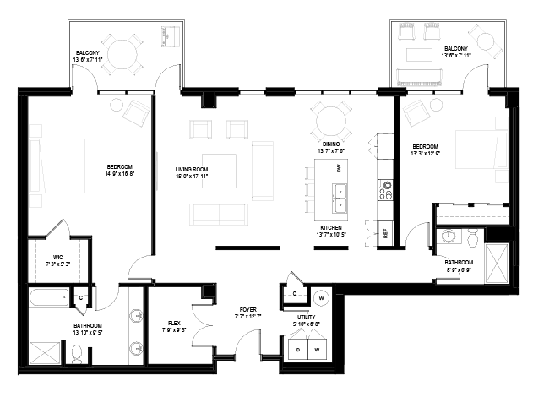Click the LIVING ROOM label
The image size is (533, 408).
click(192, 169)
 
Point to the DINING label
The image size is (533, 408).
click(331, 144)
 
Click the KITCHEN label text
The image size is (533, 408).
click(329, 227)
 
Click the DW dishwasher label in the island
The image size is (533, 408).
click(338, 168)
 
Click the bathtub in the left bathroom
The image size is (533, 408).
click(52, 298)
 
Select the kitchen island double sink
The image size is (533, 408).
click(340, 198)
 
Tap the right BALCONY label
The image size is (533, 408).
click(456, 49)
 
